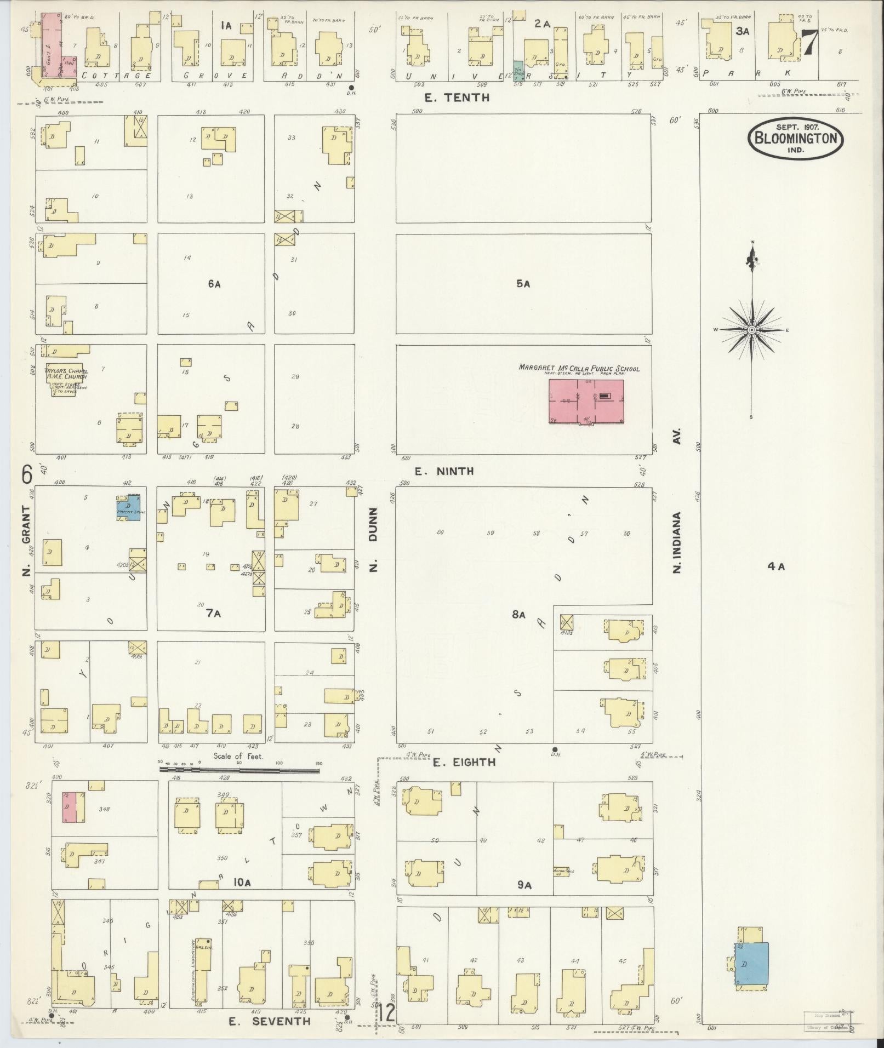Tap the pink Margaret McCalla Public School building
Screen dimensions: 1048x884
click(x=586, y=402)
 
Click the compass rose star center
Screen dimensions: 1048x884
click(x=752, y=330)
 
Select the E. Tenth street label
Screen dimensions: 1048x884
click(x=457, y=98)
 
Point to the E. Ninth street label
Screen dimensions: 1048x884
click(x=444, y=471)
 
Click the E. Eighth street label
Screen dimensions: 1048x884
click(x=464, y=762)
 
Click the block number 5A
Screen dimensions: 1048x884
click(x=523, y=284)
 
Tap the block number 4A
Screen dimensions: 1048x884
click(x=776, y=566)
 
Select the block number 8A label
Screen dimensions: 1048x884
click(x=518, y=615)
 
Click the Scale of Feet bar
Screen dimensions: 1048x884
click(x=239, y=770)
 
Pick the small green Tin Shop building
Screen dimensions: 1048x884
click(x=517, y=72)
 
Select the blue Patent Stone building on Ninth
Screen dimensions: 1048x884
click(x=129, y=507)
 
